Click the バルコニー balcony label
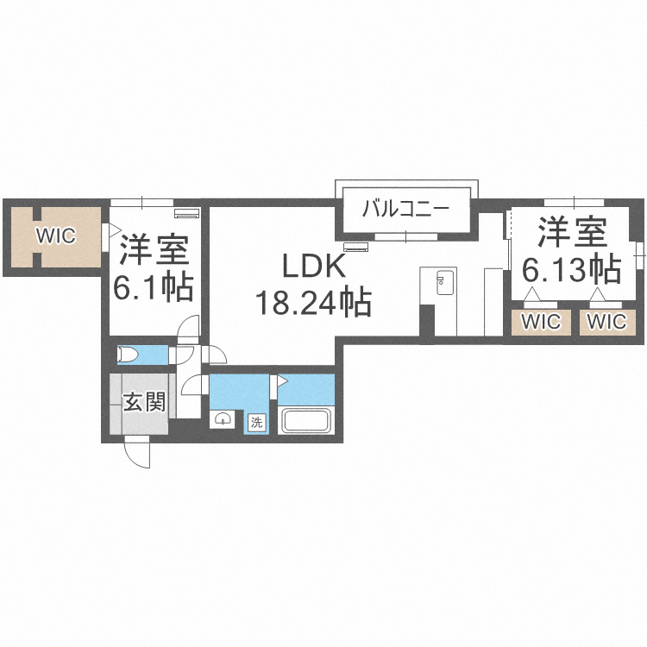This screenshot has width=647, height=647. click(x=405, y=209)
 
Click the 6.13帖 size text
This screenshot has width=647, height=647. click(x=572, y=270)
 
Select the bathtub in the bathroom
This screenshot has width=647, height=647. click(x=305, y=421)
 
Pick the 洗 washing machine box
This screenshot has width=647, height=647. click(x=256, y=422)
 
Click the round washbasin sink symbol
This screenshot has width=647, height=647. click(x=223, y=419)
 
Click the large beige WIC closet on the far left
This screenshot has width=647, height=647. click(x=56, y=236)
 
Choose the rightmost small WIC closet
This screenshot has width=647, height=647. click(x=607, y=322)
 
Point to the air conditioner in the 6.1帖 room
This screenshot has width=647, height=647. click(x=186, y=212)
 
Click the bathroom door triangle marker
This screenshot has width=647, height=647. click(x=281, y=380)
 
